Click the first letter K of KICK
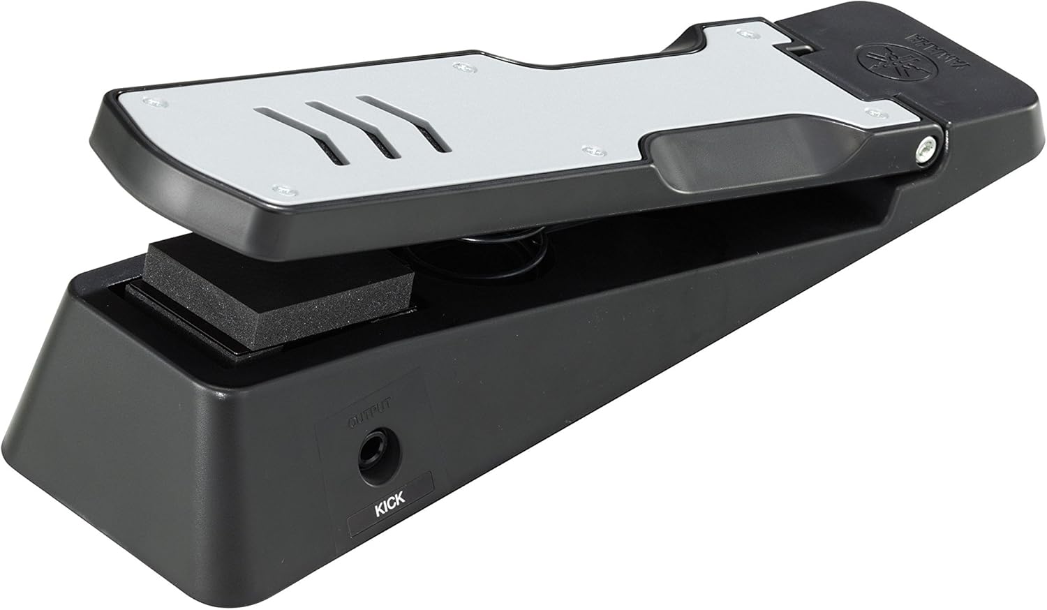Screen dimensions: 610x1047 pyautogui.click(x=378, y=509)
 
